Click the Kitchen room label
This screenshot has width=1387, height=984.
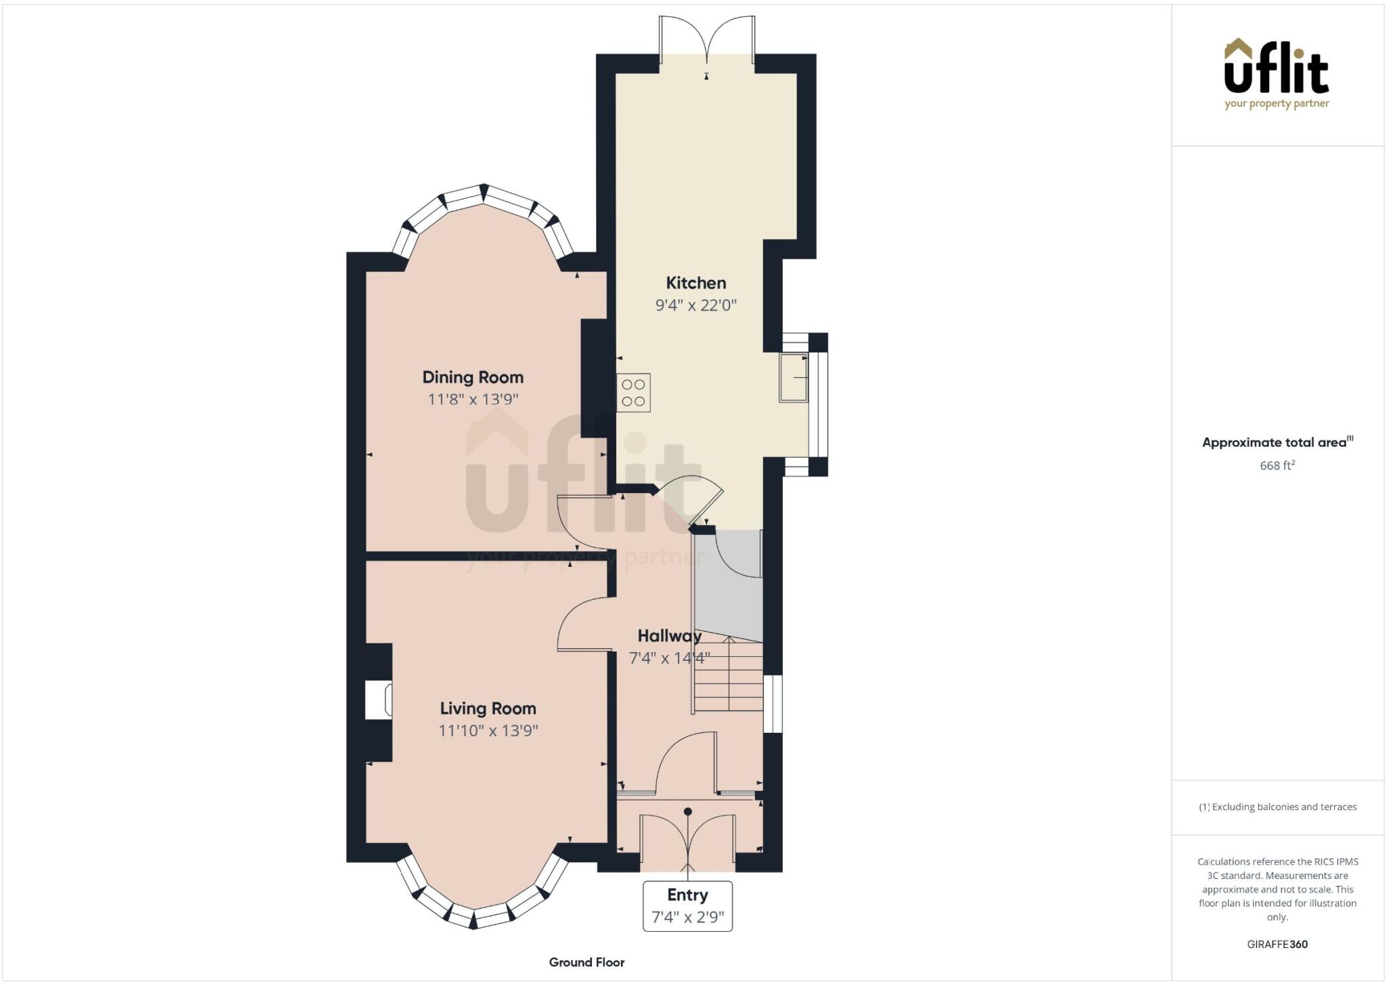coord(696,283)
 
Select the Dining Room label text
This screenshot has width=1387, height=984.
coord(473,377)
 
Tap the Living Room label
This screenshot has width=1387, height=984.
coord(488,708)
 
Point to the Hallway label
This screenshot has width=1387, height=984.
coord(669,636)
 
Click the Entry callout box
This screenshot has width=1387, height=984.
coord(687,905)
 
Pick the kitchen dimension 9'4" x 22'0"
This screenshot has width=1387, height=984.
coord(696,305)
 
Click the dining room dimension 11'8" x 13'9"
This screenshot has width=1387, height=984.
coord(473,400)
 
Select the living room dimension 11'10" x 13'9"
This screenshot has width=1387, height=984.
coord(488,731)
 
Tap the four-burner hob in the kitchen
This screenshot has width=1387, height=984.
coord(633,393)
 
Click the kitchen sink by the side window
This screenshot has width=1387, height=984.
coord(793,377)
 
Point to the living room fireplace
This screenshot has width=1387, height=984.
coord(379,700)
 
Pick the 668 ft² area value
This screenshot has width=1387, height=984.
coord(1277,466)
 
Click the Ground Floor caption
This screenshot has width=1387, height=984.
coord(586,962)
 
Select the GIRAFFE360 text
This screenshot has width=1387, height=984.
coord(1277,944)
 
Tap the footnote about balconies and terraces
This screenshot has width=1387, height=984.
coord(1277,807)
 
